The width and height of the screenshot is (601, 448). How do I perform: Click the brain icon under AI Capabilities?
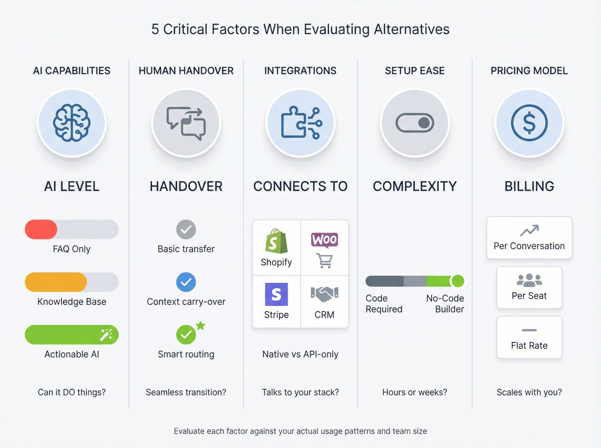[72, 123]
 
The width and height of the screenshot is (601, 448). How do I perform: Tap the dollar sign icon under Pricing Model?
[529, 123]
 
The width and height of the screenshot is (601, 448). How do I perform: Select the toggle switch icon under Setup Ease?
[415, 123]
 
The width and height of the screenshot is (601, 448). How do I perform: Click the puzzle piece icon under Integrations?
[301, 123]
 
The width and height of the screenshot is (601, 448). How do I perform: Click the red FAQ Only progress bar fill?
[41, 229]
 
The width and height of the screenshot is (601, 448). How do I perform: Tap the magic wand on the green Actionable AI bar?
[106, 335]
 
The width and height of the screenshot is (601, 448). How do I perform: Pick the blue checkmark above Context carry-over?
[186, 282]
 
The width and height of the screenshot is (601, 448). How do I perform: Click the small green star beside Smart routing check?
[200, 325]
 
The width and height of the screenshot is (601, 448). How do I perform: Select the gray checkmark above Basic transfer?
[186, 229]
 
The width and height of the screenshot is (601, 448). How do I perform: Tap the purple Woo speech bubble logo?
[325, 240]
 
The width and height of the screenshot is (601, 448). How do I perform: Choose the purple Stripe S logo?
[276, 294]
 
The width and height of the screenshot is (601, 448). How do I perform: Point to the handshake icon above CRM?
[325, 294]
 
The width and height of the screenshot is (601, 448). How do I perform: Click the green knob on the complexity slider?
[457, 281]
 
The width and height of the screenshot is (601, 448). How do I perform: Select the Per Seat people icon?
[529, 280]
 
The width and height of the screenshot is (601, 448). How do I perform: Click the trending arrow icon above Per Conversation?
[529, 230]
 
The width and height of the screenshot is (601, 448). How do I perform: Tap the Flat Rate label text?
[529, 345]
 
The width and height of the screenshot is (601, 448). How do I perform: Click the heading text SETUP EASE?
[415, 71]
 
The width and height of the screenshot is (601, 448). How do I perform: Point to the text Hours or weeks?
[415, 392]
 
